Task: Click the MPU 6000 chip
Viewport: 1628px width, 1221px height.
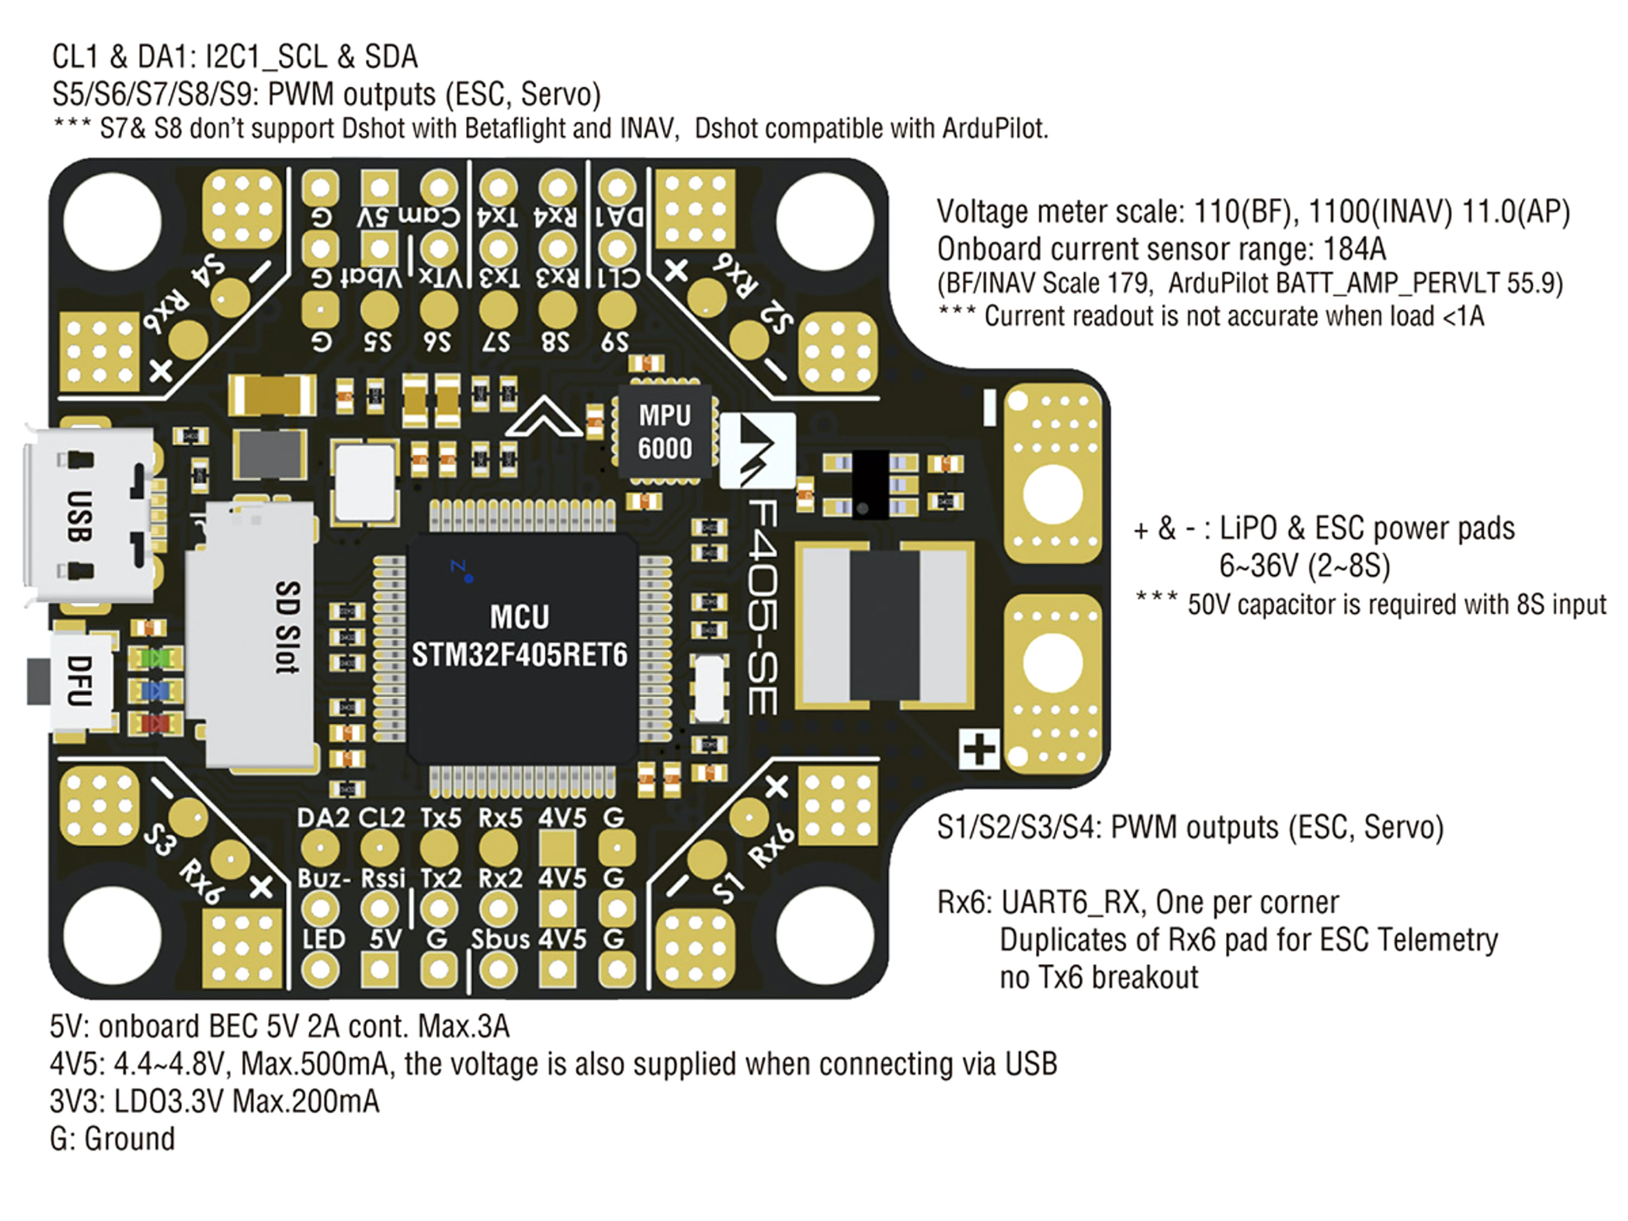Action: tap(665, 432)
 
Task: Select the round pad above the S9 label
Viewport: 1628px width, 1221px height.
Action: tap(617, 309)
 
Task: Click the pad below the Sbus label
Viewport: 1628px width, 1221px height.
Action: tap(498, 969)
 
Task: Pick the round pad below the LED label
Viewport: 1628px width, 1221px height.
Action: tap(320, 969)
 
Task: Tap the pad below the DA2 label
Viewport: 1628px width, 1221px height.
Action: tap(320, 848)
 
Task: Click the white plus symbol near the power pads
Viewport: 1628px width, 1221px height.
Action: tap(979, 750)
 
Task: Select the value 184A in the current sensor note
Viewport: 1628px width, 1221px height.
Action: tap(1354, 250)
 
